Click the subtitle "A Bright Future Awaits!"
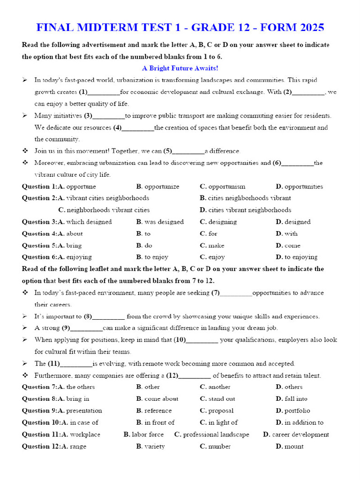click(180, 68)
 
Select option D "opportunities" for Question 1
click(303, 187)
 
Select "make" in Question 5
click(216, 245)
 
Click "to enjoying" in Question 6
click(300, 257)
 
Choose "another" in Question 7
click(219, 387)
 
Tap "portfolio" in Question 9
click(297, 411)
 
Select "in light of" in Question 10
click(223, 422)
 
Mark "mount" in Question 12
click(294, 446)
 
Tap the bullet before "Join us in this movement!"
click(25, 151)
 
